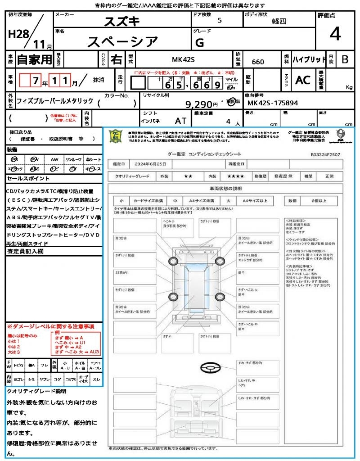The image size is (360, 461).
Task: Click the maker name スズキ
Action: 122,21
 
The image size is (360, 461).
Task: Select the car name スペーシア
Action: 122,42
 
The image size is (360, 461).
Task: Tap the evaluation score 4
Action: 334,34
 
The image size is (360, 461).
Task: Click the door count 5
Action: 219,21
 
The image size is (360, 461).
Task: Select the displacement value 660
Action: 258,62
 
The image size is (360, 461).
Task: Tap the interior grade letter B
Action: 345,59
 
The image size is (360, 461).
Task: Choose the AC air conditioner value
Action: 303,80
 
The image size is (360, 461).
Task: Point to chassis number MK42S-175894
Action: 273,103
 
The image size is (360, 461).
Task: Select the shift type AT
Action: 180,121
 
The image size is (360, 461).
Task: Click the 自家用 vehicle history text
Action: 34,59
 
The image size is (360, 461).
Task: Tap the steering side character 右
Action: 116,59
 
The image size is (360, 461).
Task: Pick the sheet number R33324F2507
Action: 325,154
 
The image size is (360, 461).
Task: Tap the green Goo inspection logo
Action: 116,136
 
